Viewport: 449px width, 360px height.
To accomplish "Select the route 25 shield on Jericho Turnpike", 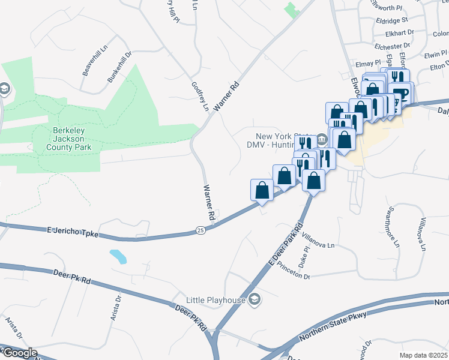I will click(x=200, y=230).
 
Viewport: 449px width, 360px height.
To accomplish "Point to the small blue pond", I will click(x=118, y=257).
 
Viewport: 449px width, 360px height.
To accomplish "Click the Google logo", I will click(x=19, y=353).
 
